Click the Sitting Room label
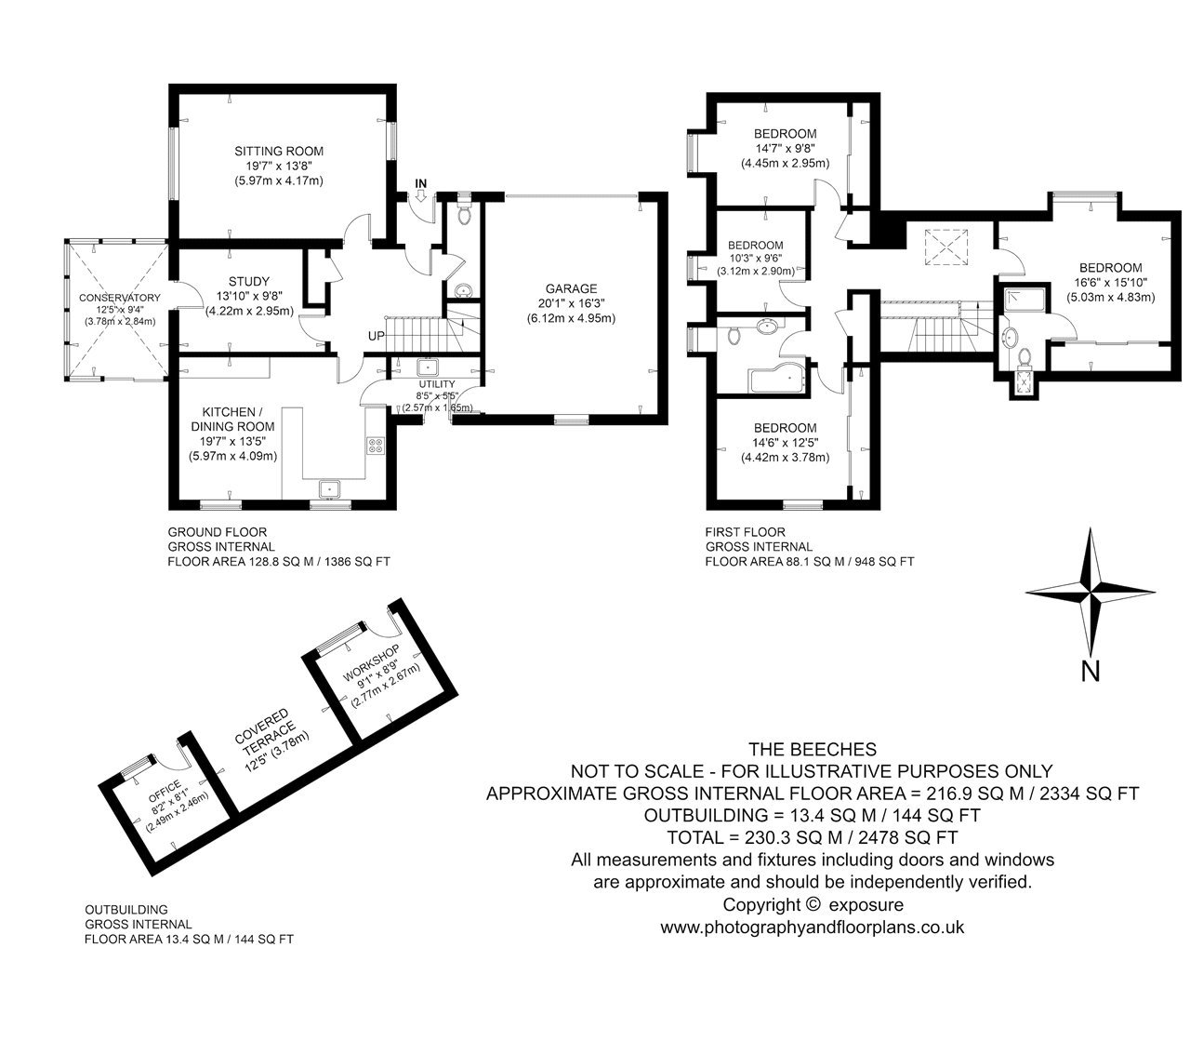[x=279, y=152]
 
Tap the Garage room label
[x=571, y=288]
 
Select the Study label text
[x=249, y=281]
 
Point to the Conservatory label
[x=119, y=298]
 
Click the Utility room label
[x=437, y=384]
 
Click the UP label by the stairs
[x=376, y=337]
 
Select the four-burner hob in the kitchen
[x=376, y=445]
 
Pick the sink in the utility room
[x=427, y=367]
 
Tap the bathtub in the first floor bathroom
[x=777, y=380]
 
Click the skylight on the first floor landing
[x=946, y=247]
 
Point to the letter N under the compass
[x=1090, y=672]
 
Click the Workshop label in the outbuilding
[x=371, y=661]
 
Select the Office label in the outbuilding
[x=165, y=792]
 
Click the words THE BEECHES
[x=812, y=750]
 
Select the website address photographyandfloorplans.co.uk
[x=812, y=927]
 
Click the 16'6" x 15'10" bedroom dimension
[x=1110, y=283]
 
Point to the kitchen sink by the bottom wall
[x=330, y=488]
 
